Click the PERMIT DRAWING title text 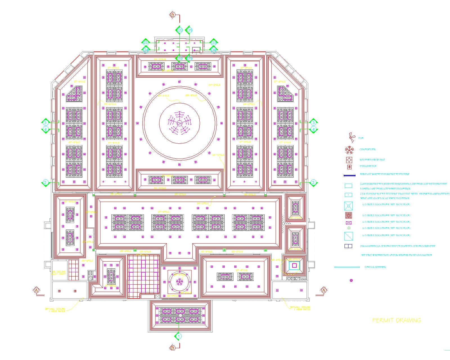click(x=397, y=320)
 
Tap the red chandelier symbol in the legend click(x=349, y=150)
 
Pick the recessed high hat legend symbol click(x=349, y=160)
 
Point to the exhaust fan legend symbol click(x=349, y=167)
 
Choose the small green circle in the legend click(x=349, y=228)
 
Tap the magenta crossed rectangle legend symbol click(x=349, y=223)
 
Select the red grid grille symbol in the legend click(x=349, y=215)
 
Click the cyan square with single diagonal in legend click(x=348, y=236)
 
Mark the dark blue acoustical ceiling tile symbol click(x=348, y=246)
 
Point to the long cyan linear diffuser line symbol click(x=347, y=267)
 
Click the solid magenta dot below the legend click(x=351, y=280)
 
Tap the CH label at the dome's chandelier click(x=179, y=123)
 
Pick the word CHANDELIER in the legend click(x=367, y=150)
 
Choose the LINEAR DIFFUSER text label click(x=375, y=267)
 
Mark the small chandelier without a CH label click(x=179, y=281)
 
